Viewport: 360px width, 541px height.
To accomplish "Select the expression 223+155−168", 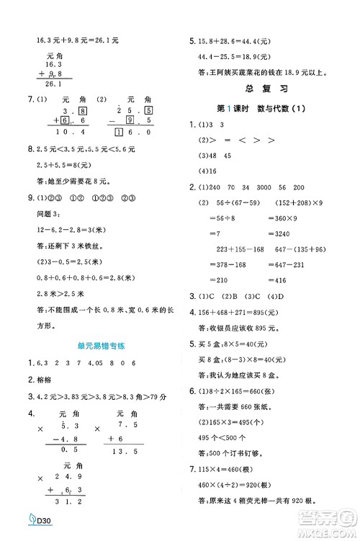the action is [234, 249].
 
